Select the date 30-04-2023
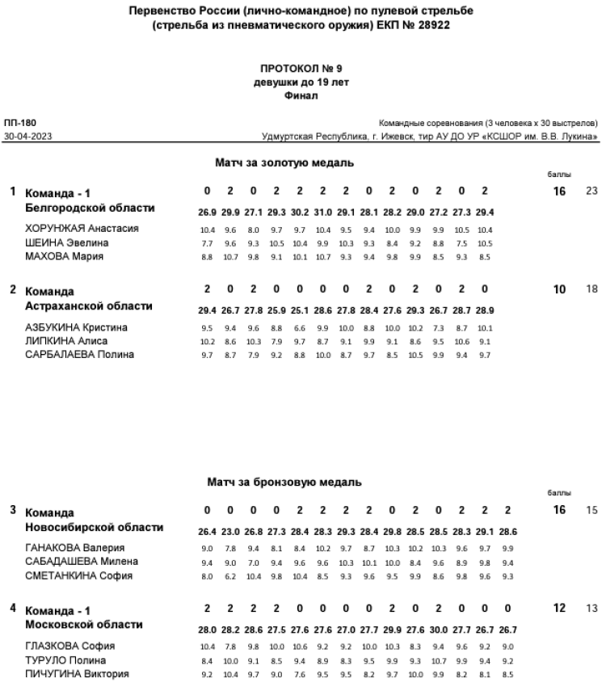pos(27,137)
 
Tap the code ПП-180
pos(15,123)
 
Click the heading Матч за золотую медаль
pos(284,163)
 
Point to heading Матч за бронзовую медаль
pos(284,483)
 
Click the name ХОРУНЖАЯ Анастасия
pos(82,229)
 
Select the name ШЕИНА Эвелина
pos(67,242)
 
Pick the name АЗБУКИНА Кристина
pos(77,327)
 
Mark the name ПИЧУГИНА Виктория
pos(78,673)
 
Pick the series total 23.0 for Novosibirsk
pos(231,532)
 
